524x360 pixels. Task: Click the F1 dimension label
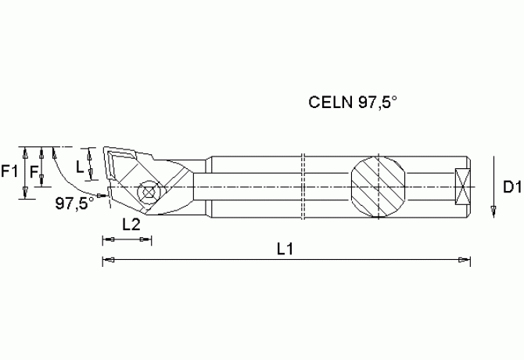pyautogui.click(x=10, y=171)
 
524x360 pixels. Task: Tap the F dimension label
pyautogui.click(x=34, y=171)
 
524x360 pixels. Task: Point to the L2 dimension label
pyautogui.click(x=131, y=224)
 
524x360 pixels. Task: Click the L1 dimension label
pyautogui.click(x=286, y=248)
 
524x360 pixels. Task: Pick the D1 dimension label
pyautogui.click(x=511, y=187)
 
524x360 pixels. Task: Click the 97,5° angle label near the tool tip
pyautogui.click(x=74, y=203)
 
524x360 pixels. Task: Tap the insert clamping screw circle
pyautogui.click(x=145, y=191)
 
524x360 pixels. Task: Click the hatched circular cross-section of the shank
pyautogui.click(x=377, y=187)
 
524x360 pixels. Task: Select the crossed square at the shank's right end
pyautogui.click(x=462, y=189)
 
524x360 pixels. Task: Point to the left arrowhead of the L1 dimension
pyautogui.click(x=108, y=260)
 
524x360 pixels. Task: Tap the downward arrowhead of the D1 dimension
pyautogui.click(x=493, y=210)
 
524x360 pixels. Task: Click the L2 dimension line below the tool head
pyautogui.click(x=126, y=239)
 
